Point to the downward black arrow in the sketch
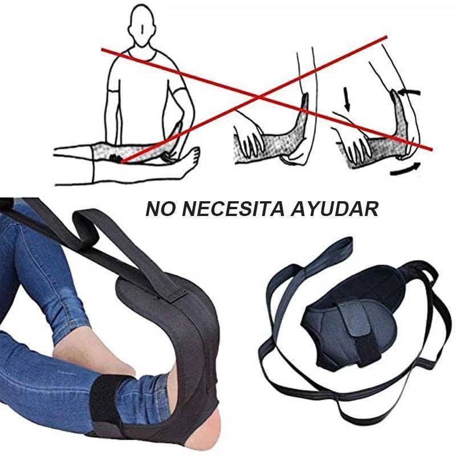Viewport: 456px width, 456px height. click(347, 99)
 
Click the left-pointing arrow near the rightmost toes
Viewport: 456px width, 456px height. click(409, 92)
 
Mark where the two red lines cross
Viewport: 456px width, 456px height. click(259, 96)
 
